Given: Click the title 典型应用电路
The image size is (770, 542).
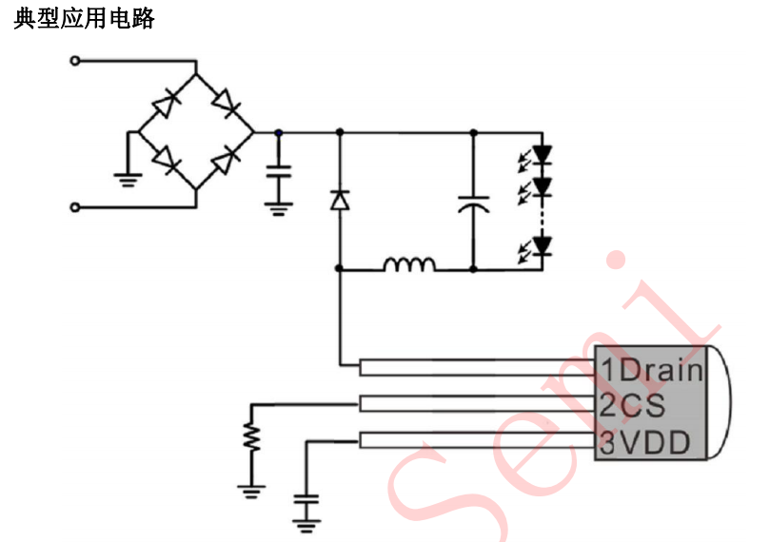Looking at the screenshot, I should (84, 19).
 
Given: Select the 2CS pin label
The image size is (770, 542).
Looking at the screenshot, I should (632, 405).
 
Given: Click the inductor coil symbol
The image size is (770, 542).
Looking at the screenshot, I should (410, 263).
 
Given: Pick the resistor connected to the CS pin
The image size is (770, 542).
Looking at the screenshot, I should (251, 436).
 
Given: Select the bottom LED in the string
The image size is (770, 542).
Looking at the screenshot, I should (543, 246).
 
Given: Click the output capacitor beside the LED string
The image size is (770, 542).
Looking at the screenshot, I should (473, 204).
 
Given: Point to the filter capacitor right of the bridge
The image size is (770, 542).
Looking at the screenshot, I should (278, 173).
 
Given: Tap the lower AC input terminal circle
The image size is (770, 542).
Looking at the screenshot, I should (76, 205).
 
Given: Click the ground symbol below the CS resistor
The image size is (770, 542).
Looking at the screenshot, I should (251, 491).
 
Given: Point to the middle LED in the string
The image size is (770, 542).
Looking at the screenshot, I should (543, 186).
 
